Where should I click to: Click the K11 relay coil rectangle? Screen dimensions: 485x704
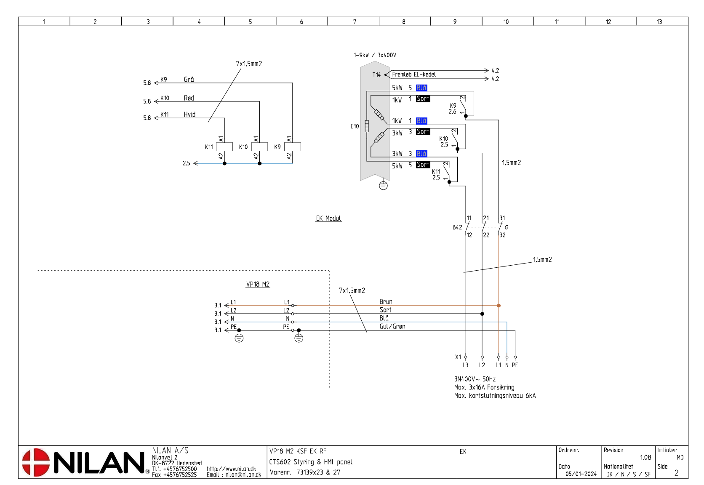224,147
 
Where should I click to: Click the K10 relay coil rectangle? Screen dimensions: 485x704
259,147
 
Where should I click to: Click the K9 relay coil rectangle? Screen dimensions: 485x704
292,147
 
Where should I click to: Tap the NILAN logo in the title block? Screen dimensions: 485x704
84,462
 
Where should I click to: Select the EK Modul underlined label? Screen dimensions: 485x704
328,218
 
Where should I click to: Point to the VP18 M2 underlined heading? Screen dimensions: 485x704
258,284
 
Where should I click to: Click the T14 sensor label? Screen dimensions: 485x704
376,75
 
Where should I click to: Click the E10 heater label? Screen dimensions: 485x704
355,126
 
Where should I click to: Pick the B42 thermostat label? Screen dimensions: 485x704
457,227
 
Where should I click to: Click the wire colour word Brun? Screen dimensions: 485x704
386,301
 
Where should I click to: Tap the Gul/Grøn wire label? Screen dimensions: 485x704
392,326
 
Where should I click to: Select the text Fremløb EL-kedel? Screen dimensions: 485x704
414,75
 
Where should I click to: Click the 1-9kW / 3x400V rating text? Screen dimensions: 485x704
375,55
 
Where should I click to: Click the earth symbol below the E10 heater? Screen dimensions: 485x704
383,185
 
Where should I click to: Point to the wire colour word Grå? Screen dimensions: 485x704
189,79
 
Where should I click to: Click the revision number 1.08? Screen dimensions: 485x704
645,457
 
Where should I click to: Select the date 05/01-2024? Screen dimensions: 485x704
581,474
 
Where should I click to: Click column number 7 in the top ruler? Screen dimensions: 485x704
355,21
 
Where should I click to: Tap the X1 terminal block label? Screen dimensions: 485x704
458,357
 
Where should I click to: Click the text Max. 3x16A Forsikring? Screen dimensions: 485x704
484,387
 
